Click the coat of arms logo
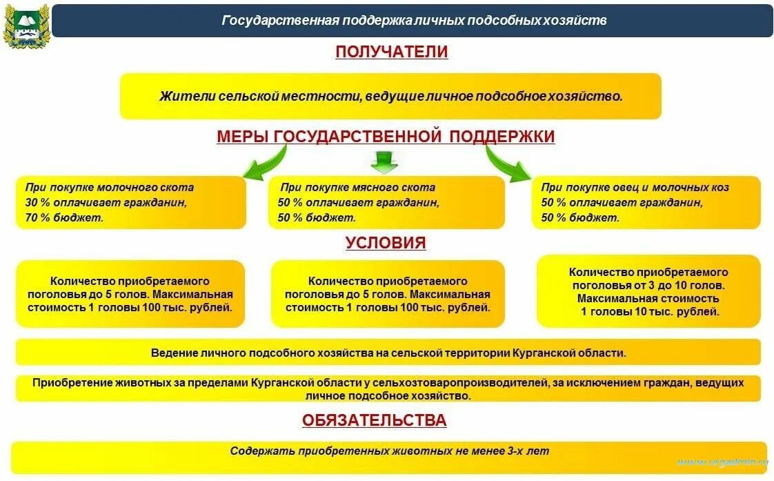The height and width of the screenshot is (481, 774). pos(26,26)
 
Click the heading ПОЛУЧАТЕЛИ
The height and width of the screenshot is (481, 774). pos(391,52)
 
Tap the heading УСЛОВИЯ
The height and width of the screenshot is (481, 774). pos(386,243)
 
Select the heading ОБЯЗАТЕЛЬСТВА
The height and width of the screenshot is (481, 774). pos(374,420)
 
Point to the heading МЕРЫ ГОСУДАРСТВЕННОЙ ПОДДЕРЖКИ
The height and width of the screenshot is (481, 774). pos(386,137)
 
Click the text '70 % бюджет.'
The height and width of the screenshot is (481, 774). pos(64,218)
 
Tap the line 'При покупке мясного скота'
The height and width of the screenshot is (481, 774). pos(357,188)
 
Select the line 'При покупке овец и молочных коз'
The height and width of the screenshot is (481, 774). pos(635,188)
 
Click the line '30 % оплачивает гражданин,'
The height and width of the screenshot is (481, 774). pos(106,203)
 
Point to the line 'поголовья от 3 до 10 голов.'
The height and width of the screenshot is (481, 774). pos(648,286)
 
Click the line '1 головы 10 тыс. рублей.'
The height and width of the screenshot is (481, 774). pos(649,312)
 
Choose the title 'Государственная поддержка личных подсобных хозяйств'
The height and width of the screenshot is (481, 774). pos(414,21)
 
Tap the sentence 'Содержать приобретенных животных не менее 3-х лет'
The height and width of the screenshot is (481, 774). pos(390,451)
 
